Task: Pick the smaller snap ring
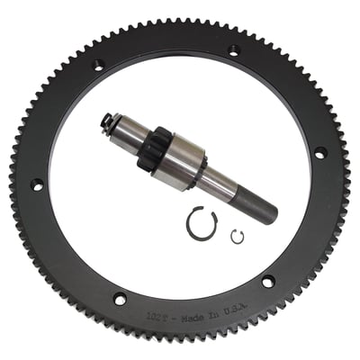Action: [x=237, y=236]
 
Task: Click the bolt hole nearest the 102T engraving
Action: [x=120, y=299]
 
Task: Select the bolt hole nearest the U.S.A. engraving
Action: [x=268, y=283]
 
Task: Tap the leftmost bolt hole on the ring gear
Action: [x=37, y=184]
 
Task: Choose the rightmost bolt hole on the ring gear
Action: [x=319, y=154]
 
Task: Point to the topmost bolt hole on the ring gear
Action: [x=234, y=51]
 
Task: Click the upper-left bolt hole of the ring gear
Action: [x=98, y=65]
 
